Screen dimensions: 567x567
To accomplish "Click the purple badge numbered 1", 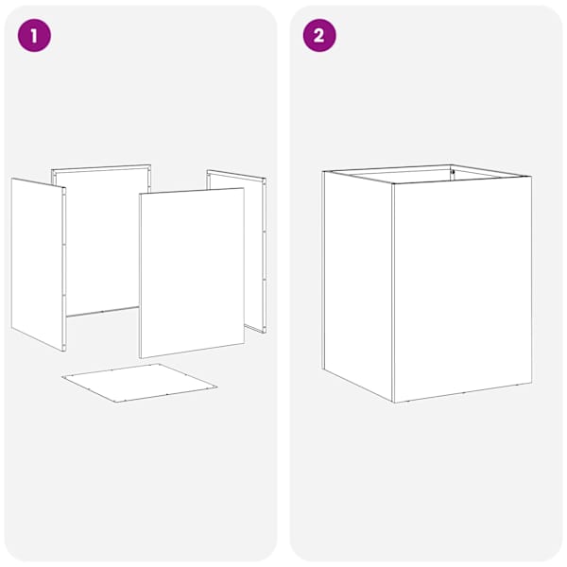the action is (x=34, y=36).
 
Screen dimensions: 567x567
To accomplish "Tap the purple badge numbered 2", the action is (x=319, y=36).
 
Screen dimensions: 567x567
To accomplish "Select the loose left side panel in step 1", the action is (x=39, y=264).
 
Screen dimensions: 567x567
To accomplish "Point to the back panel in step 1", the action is (x=101, y=240).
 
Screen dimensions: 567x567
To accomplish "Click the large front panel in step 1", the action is (x=192, y=273).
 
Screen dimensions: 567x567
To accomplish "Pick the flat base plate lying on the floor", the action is (x=140, y=383).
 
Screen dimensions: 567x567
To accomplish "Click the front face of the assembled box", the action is (x=462, y=289).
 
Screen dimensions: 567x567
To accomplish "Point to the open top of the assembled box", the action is (x=427, y=174).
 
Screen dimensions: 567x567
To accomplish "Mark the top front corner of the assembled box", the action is (x=393, y=183).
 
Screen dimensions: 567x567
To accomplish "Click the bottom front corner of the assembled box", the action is (x=393, y=403).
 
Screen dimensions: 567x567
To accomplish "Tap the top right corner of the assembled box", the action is (x=531, y=177).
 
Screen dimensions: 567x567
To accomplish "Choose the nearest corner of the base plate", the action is (x=115, y=403).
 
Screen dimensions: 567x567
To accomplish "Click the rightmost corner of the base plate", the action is (x=217, y=387).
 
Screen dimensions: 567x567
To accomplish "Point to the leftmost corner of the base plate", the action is (x=61, y=377).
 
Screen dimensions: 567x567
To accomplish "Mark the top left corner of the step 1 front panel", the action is (x=140, y=194).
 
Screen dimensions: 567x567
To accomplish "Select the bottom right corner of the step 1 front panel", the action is (x=245, y=344).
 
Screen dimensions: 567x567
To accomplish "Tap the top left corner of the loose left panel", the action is (x=11, y=179).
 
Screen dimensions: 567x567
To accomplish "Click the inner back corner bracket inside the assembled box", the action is (x=452, y=173).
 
